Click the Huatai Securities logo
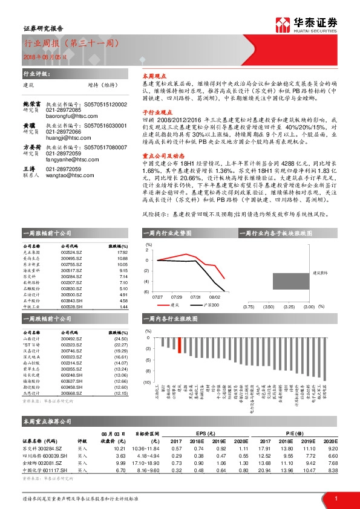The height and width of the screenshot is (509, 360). (x=315, y=25)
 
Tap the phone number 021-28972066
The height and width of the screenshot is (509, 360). (x=64, y=131)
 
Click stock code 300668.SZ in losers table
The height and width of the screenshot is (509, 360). (x=71, y=394)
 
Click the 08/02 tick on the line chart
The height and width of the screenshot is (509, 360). (x=215, y=297)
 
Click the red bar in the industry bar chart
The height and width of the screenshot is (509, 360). (x=179, y=345)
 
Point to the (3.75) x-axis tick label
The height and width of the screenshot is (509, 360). (x=248, y=308)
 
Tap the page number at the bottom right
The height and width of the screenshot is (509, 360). (x=336, y=498)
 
